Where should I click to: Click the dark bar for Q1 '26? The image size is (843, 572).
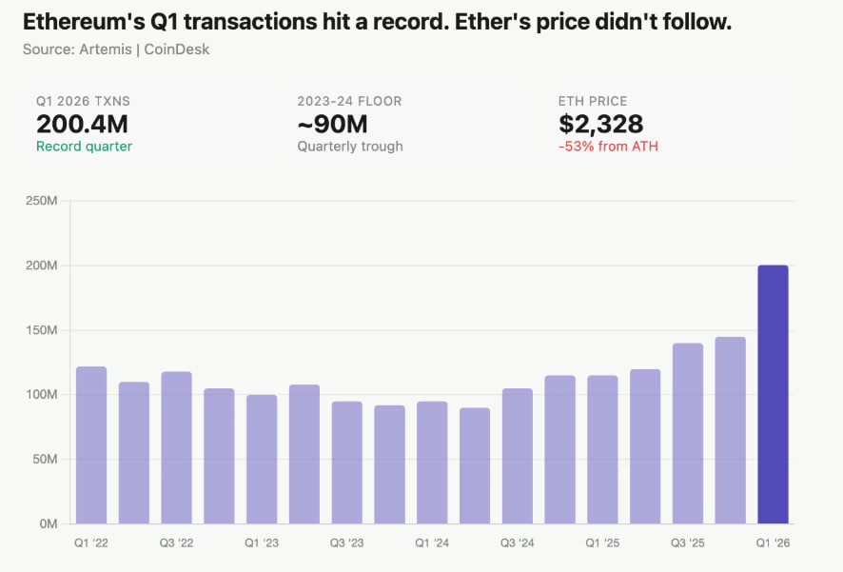[773, 395]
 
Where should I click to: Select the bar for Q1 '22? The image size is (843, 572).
[91, 445]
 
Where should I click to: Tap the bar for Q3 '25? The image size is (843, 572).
[687, 433]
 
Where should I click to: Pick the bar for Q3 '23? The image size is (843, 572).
[347, 463]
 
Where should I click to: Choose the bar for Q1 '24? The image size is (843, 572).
[432, 463]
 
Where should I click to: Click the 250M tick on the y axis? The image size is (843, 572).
[44, 201]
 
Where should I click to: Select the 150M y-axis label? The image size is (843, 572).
[44, 330]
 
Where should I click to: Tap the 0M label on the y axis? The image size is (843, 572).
[49, 523]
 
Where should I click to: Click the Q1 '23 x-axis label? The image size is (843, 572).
[262, 542]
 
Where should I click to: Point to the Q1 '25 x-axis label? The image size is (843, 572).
[602, 542]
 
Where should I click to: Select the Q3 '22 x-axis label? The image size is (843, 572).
[176, 542]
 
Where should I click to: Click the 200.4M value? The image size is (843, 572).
[82, 124]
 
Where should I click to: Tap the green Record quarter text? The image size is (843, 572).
[84, 147]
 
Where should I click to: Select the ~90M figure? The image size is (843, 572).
[332, 124]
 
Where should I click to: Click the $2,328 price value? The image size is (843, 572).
[600, 124]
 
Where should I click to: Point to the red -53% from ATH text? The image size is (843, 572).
[608, 147]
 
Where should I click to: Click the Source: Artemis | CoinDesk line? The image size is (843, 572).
[116, 49]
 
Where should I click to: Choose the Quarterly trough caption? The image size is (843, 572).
[350, 147]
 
